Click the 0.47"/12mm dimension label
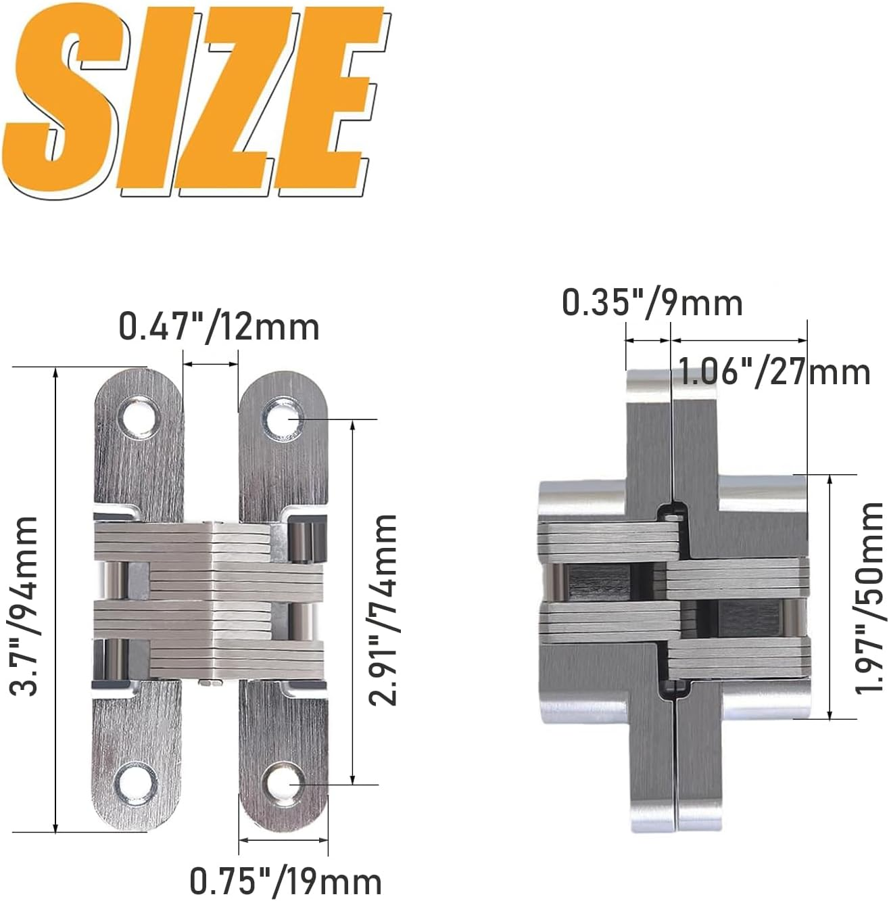pyautogui.click(x=219, y=327)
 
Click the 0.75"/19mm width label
pyautogui.click(x=285, y=881)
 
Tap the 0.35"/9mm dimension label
pyautogui.click(x=652, y=302)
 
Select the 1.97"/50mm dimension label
pyautogui.click(x=869, y=597)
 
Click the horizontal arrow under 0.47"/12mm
pyautogui.click(x=211, y=365)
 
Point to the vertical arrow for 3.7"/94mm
pyautogui.click(x=56, y=600)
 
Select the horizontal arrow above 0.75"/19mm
pyautogui.click(x=284, y=840)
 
